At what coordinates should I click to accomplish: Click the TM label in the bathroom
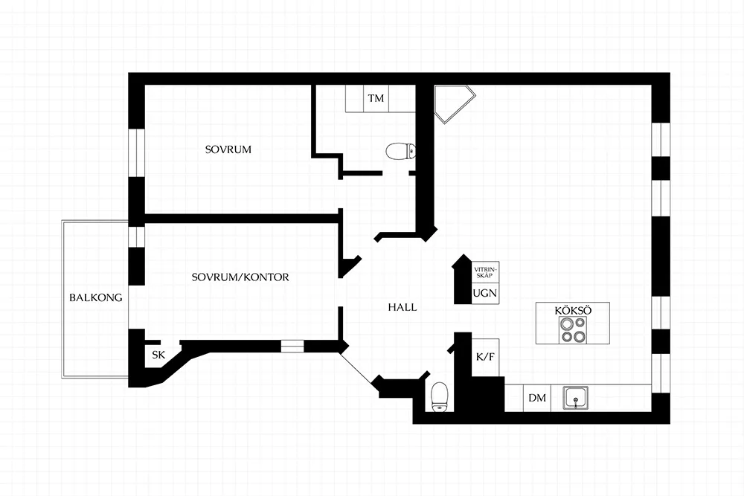pyautogui.click(x=376, y=99)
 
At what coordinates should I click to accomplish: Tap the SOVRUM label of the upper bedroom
pyautogui.click(x=228, y=149)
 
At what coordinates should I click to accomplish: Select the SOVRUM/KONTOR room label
pyautogui.click(x=240, y=277)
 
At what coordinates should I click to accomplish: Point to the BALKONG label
pyautogui.click(x=96, y=297)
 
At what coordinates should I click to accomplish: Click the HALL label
pyautogui.click(x=403, y=307)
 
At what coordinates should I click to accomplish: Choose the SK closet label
pyautogui.click(x=158, y=355)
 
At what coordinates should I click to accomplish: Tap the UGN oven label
pyautogui.click(x=485, y=293)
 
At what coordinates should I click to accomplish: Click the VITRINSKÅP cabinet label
pyautogui.click(x=484, y=273)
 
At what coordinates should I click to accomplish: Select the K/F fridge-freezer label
pyautogui.click(x=485, y=357)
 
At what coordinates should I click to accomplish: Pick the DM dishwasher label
pyautogui.click(x=537, y=398)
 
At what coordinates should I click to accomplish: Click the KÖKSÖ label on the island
pyautogui.click(x=573, y=311)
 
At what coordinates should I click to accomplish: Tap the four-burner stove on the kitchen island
pyautogui.click(x=573, y=330)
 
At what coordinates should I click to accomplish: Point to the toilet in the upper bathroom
pyautogui.click(x=401, y=152)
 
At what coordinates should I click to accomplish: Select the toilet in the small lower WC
pyautogui.click(x=440, y=397)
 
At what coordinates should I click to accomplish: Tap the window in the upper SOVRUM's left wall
pyautogui.click(x=137, y=152)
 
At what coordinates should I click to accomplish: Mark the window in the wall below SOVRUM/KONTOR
pyautogui.click(x=292, y=347)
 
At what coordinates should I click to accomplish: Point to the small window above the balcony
pyautogui.click(x=137, y=236)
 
